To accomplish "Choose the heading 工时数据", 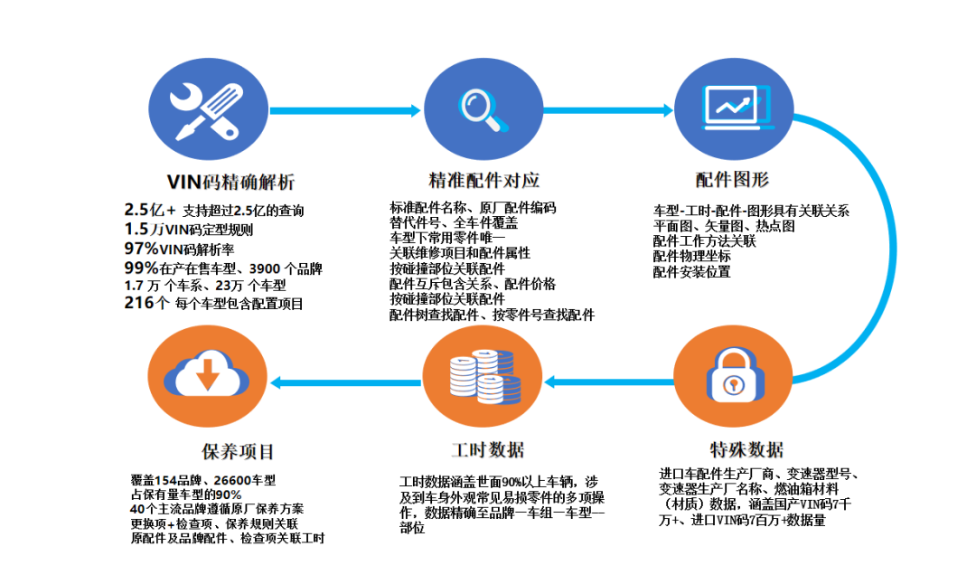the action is pyautogui.click(x=487, y=449).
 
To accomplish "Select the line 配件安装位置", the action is pyautogui.click(x=691, y=271).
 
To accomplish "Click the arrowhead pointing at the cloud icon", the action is pyautogui.click(x=278, y=382).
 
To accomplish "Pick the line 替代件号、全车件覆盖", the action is pyautogui.click(x=453, y=222).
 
